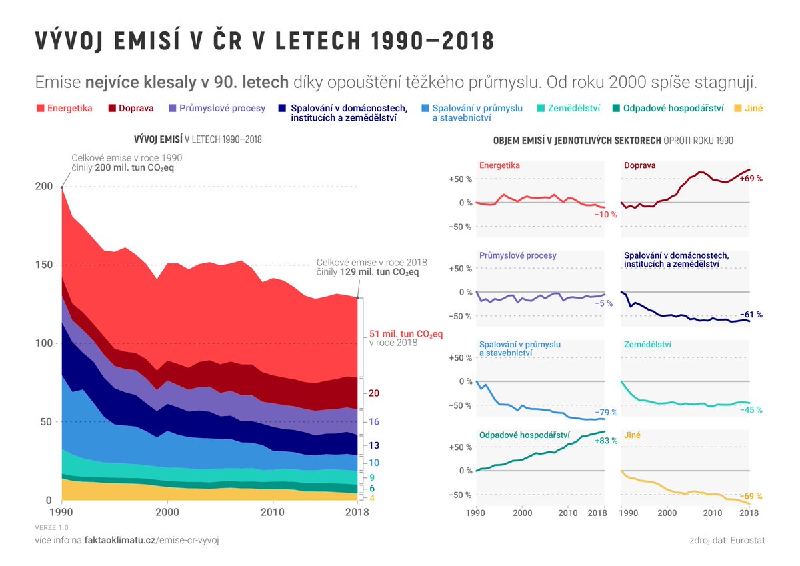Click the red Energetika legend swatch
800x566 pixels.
[40, 108]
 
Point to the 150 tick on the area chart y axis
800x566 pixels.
[43, 265]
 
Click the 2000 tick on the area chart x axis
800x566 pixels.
[167, 513]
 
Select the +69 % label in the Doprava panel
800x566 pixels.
[751, 179]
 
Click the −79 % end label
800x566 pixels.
[605, 413]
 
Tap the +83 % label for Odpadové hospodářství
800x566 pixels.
[605, 441]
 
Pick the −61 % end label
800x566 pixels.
[751, 315]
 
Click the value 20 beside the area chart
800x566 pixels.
[374, 393]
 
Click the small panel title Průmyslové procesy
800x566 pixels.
[517, 255]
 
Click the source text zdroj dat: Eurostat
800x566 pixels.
[727, 540]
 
